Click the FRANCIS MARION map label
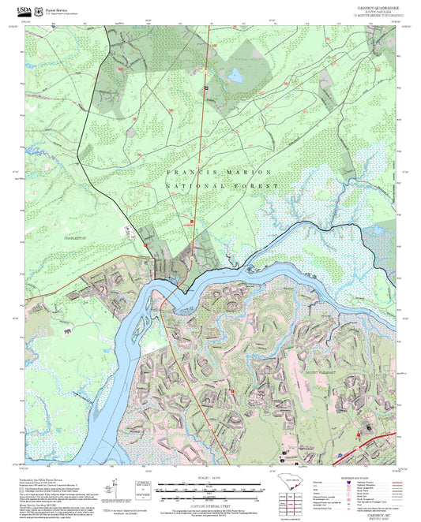click(x=219, y=172)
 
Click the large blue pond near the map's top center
click(x=235, y=76)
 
